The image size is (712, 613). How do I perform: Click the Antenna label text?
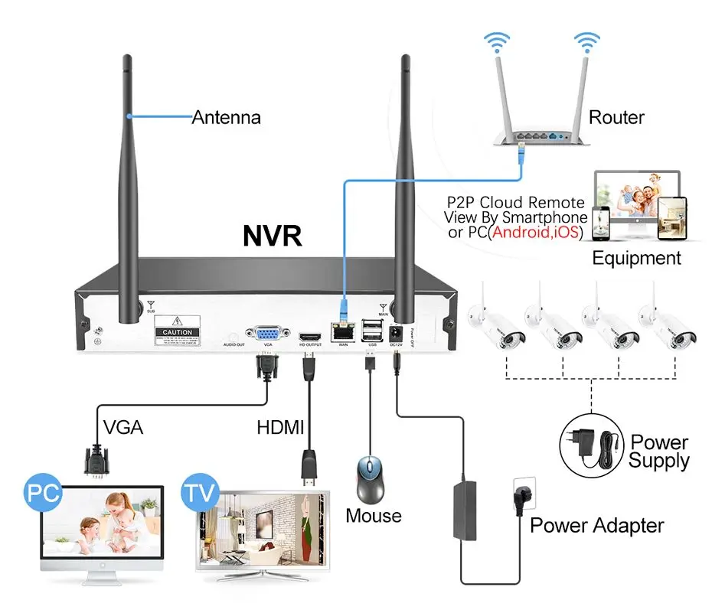pyautogui.click(x=226, y=117)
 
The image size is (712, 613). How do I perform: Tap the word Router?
pyautogui.click(x=616, y=117)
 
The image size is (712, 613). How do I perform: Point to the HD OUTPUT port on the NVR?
pyautogui.click(x=310, y=336)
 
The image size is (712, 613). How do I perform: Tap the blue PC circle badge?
pyautogui.click(x=44, y=493)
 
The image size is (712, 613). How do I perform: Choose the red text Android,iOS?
pyautogui.click(x=535, y=232)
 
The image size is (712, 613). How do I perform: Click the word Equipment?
pyautogui.click(x=636, y=257)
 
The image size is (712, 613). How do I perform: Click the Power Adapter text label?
pyautogui.click(x=596, y=525)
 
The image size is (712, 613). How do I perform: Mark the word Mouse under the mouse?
pyautogui.click(x=374, y=515)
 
